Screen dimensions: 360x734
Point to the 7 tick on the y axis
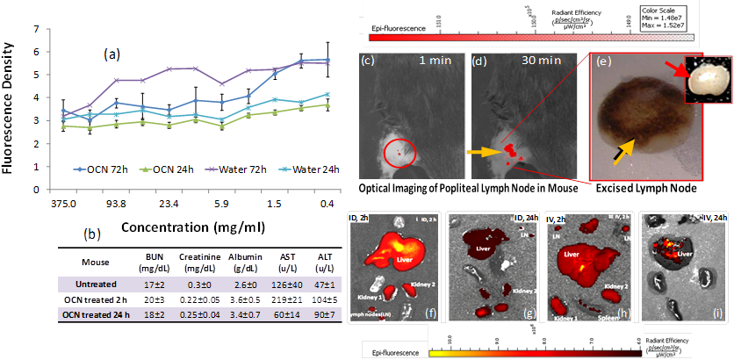(x=11, y=29)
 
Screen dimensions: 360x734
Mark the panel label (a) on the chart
(x=112, y=54)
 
